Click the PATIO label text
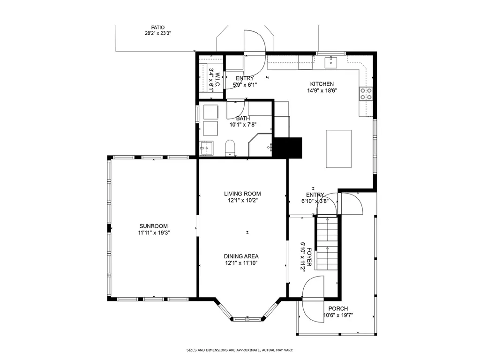[157, 28]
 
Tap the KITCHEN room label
[322, 84]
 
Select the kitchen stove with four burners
[366, 94]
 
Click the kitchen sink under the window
[331, 62]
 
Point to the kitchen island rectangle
[338, 149]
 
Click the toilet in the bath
[230, 148]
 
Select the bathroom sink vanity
[206, 149]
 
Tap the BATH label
[243, 118]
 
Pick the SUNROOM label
[154, 226]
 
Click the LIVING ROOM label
[242, 194]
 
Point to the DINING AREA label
[241, 256]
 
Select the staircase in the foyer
[327, 243]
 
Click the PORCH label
[338, 308]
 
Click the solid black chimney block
[287, 148]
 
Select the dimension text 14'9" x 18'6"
[322, 90]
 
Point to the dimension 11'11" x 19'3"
[154, 232]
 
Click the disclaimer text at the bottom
[240, 350]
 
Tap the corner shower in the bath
[260, 145]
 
